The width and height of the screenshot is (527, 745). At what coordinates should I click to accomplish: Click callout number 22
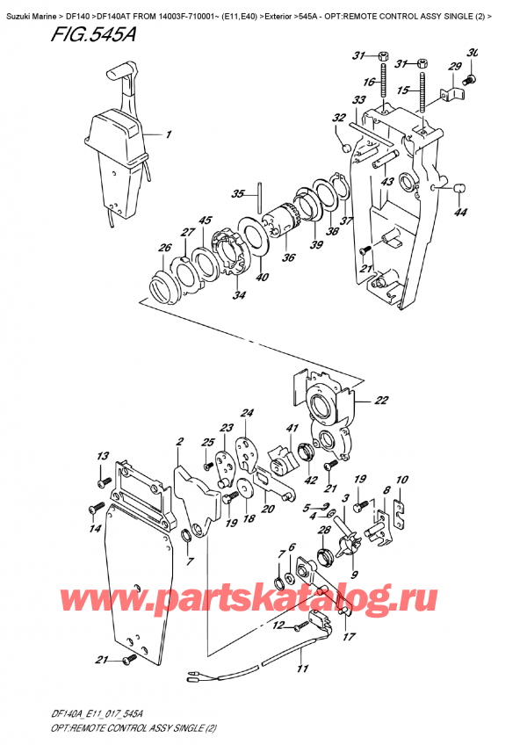point(381,401)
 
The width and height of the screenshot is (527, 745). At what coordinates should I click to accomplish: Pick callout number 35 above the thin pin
point(237,194)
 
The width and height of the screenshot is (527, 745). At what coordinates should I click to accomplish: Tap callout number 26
point(164,249)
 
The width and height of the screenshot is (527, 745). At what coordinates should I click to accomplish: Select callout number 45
point(204,221)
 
